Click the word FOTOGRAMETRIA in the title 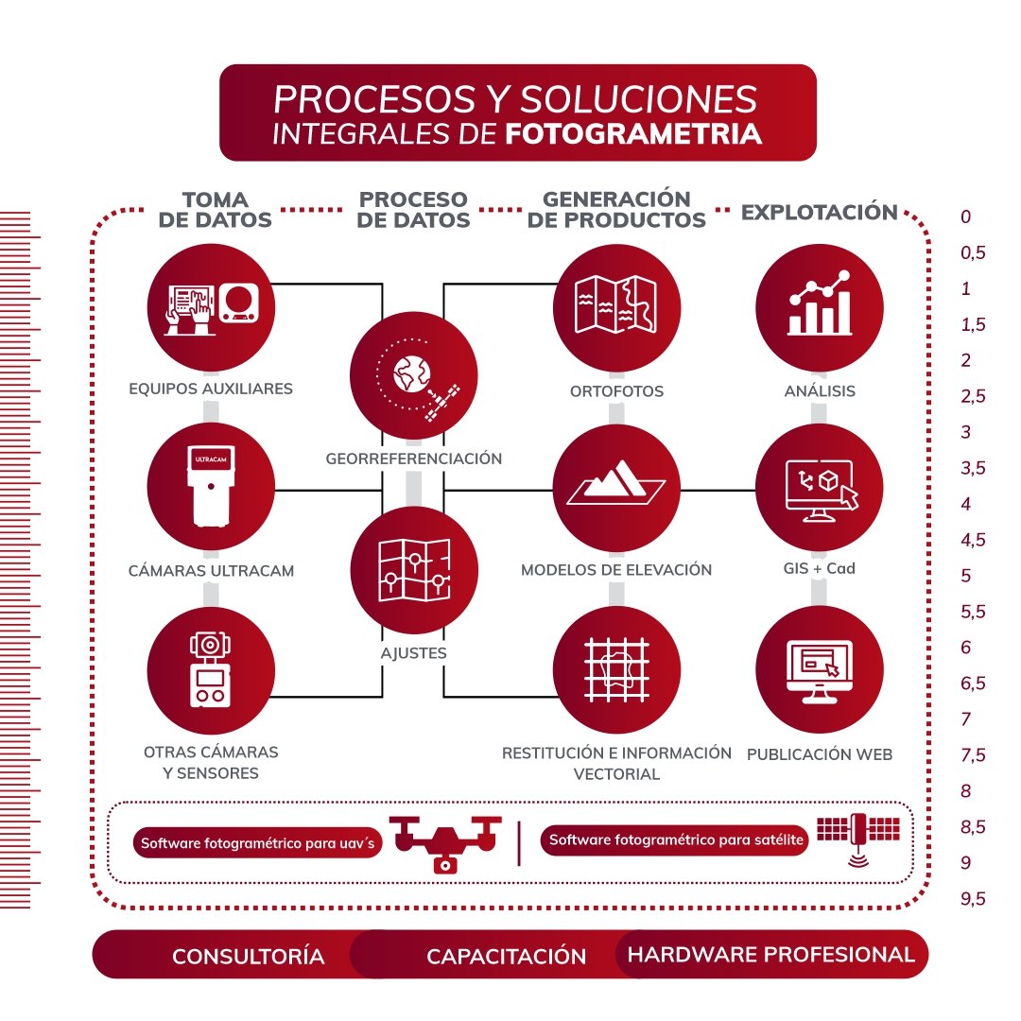coord(633,133)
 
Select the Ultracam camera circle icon coord(212,488)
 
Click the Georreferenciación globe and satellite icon coord(413,377)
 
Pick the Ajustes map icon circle coord(413,568)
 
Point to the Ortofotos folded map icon coord(616,306)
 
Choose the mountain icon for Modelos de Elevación coord(616,488)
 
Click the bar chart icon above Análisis coord(820,306)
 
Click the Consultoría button coord(248,956)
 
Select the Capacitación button coord(506,956)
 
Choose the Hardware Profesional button coord(771,955)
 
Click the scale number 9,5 coord(973,899)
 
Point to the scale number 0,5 coord(973,252)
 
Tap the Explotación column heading coord(819,212)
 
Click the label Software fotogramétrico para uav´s coord(257,843)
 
